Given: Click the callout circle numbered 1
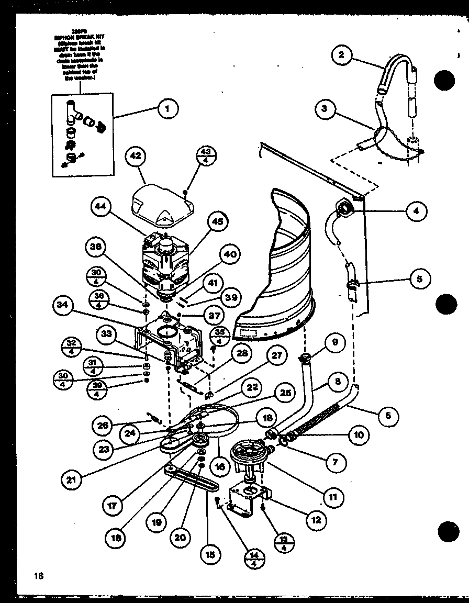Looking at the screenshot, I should coord(167,109).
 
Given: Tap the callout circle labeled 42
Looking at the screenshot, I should coord(136,156).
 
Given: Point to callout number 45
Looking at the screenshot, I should coord(217,221).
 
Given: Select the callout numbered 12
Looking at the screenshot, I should coord(316,520).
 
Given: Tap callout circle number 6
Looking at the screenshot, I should coord(388,416).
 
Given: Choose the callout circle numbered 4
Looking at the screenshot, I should coord(416,211).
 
